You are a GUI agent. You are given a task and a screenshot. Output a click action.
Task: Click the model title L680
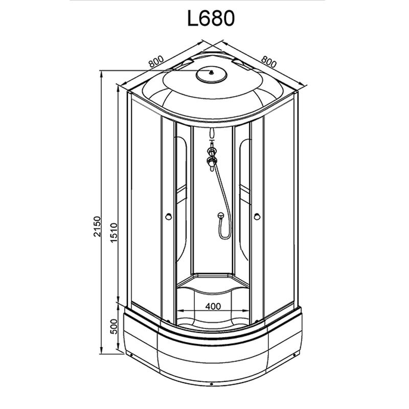pos(211,19)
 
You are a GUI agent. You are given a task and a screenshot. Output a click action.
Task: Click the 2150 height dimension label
pos(97,226)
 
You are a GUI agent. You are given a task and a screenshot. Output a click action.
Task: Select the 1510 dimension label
pos(114,233)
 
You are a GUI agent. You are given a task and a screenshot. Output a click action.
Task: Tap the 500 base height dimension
pos(114,327)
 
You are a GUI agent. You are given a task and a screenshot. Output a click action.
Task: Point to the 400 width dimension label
pos(213,306)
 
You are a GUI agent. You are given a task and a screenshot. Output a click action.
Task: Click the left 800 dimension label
pos(156,61)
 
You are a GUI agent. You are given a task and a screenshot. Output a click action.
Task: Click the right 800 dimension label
pos(268,61)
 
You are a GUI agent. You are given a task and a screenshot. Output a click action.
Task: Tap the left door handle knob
pos(169,216)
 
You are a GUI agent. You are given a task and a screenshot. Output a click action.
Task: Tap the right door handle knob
pos(257,216)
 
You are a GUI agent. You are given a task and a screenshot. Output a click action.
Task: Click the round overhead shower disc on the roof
pos(212,74)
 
